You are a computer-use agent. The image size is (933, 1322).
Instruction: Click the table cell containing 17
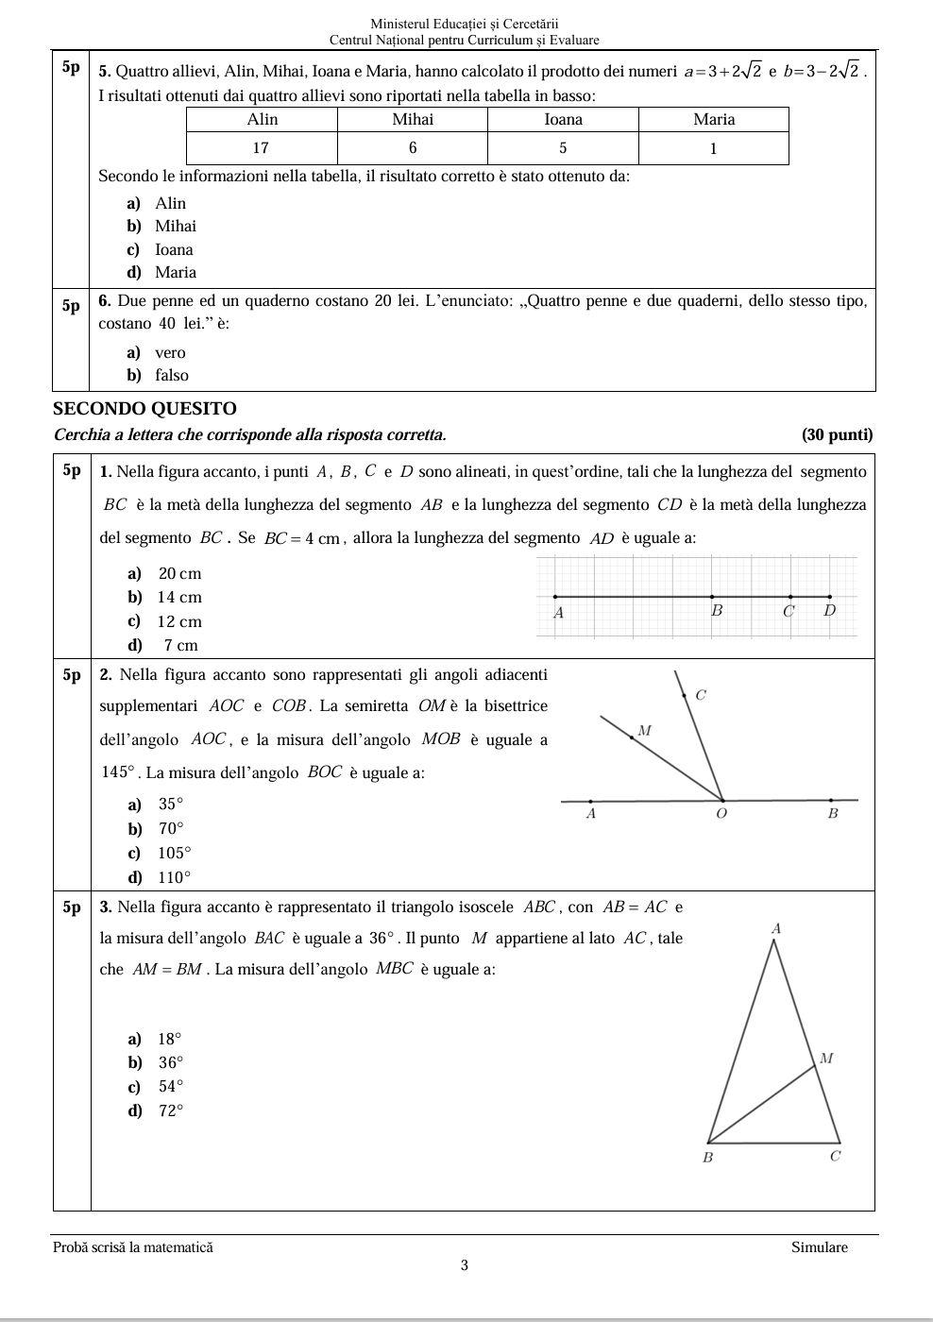click(262, 148)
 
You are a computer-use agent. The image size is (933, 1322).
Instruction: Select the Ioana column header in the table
click(563, 119)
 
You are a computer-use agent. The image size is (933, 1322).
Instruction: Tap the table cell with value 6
click(413, 148)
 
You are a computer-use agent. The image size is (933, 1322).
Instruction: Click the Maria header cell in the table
click(713, 119)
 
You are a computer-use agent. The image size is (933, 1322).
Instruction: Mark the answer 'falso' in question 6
click(171, 375)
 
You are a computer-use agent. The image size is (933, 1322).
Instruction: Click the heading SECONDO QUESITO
click(144, 409)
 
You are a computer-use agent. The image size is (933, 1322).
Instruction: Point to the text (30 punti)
click(837, 434)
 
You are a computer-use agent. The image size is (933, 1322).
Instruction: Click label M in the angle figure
click(645, 730)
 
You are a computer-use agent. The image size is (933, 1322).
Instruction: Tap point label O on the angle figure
click(721, 813)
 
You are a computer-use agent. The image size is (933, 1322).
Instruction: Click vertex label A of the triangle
click(776, 929)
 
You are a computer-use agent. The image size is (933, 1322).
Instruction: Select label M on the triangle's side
click(826, 1059)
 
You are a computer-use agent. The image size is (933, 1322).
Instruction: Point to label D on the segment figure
click(830, 611)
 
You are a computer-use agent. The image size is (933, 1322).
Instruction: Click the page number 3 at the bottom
click(465, 1265)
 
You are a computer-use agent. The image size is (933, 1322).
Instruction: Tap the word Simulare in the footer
click(819, 1247)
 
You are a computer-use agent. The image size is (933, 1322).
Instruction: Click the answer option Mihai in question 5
click(175, 226)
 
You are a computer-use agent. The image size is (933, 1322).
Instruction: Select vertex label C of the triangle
click(835, 1156)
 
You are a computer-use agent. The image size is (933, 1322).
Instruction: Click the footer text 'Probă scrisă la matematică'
click(133, 1247)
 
